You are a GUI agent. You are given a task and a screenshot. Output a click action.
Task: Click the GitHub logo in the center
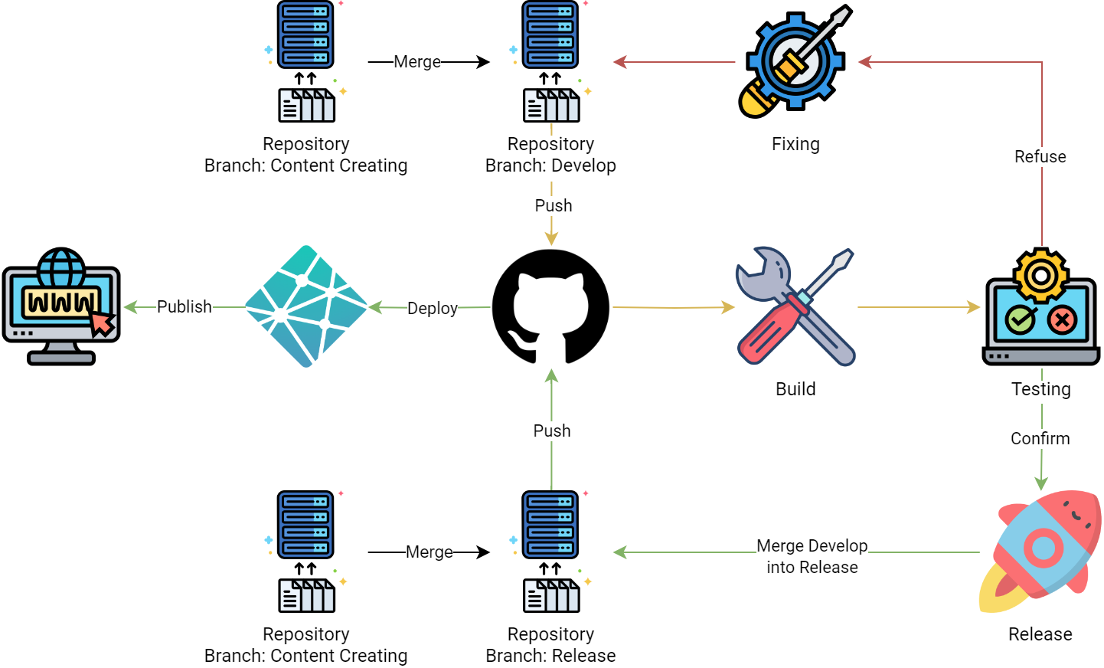(x=550, y=306)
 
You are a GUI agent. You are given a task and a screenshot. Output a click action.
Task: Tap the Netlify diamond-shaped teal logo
(x=306, y=306)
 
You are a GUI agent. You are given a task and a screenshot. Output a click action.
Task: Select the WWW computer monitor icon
(x=61, y=306)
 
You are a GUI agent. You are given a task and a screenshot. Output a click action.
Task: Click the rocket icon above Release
(x=1041, y=550)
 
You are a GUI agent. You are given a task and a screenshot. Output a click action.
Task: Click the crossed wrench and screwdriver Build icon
(x=795, y=306)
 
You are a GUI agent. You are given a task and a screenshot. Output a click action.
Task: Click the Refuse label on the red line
(x=1040, y=156)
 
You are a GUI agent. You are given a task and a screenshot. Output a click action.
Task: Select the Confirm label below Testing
(x=1040, y=438)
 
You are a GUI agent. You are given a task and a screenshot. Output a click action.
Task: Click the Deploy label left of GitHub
(x=432, y=308)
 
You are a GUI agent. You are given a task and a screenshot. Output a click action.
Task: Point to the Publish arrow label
(x=184, y=306)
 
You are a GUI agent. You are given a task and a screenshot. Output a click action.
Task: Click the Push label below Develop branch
(x=553, y=205)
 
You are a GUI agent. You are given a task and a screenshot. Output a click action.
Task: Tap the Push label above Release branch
(x=551, y=431)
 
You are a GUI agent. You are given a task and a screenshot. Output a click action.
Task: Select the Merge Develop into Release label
(x=812, y=556)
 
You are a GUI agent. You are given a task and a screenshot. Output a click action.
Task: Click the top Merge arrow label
(x=417, y=61)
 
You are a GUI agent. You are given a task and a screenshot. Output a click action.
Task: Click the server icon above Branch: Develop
(x=550, y=61)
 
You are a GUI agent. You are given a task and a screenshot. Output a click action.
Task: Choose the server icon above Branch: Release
(x=550, y=552)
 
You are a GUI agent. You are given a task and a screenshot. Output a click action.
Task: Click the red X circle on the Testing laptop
(x=1062, y=319)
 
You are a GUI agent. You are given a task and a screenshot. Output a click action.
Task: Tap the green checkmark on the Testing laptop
(x=1021, y=319)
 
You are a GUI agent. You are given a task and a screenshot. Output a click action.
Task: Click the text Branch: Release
(x=550, y=656)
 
